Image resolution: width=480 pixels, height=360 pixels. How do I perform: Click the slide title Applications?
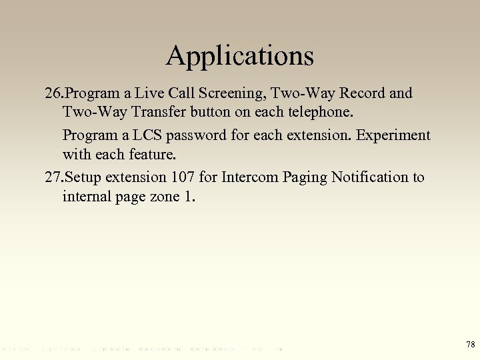(x=239, y=56)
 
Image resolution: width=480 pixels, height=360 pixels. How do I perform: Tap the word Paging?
(x=303, y=177)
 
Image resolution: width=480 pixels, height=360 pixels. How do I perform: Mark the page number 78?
(x=469, y=344)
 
